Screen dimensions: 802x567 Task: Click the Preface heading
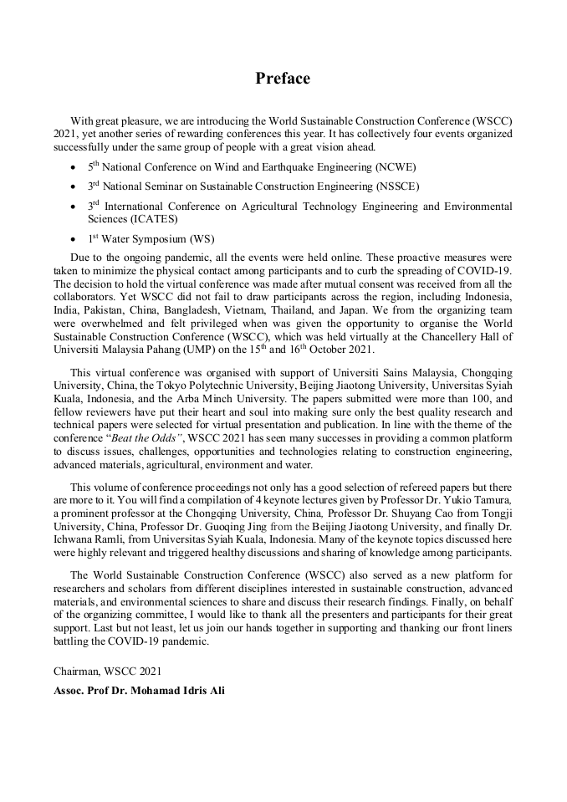pos(283,79)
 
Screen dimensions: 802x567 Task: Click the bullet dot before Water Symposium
pos(75,239)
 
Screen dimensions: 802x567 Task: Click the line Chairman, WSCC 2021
pos(108,671)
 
